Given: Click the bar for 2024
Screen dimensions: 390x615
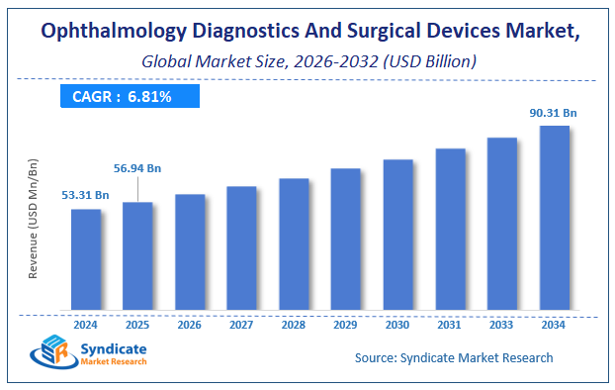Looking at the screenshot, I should coord(86,258).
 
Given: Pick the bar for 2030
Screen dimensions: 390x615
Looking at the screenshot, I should coord(397,234).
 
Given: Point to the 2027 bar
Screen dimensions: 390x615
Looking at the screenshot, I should coord(241,246).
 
